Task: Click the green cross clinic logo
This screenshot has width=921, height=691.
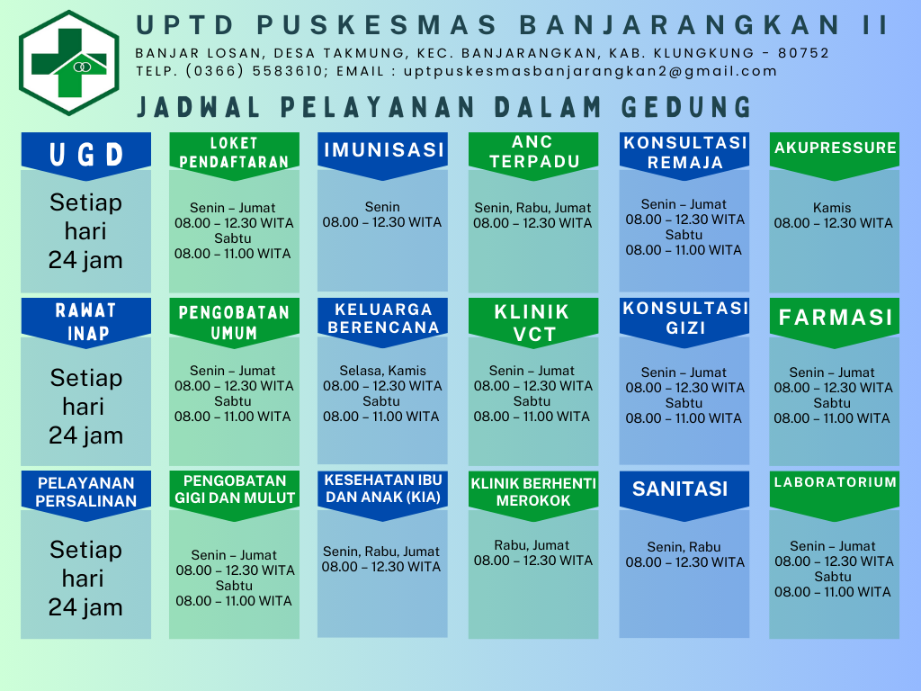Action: (69, 63)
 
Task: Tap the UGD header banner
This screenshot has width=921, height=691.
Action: (86, 155)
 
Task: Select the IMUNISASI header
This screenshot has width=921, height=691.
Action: (383, 155)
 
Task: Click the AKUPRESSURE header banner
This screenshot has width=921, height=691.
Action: (835, 155)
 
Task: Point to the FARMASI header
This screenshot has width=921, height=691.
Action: (835, 322)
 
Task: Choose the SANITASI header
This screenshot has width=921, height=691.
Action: (684, 495)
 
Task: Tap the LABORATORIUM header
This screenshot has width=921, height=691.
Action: (835, 495)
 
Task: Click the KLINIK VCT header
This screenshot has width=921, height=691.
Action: (533, 322)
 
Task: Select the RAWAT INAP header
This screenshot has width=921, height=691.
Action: (86, 322)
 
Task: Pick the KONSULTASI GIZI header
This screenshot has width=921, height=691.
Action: (684, 322)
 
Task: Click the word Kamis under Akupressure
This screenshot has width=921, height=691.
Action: (832, 208)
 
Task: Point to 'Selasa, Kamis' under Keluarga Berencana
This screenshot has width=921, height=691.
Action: (383, 371)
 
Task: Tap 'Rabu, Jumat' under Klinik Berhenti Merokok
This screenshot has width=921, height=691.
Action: (532, 545)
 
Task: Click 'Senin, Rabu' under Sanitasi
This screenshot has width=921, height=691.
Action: (684, 547)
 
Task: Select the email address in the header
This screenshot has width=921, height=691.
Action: (590, 71)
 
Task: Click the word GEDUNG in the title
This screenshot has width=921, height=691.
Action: (686, 108)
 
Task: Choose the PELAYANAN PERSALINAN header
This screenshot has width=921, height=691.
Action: (86, 495)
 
